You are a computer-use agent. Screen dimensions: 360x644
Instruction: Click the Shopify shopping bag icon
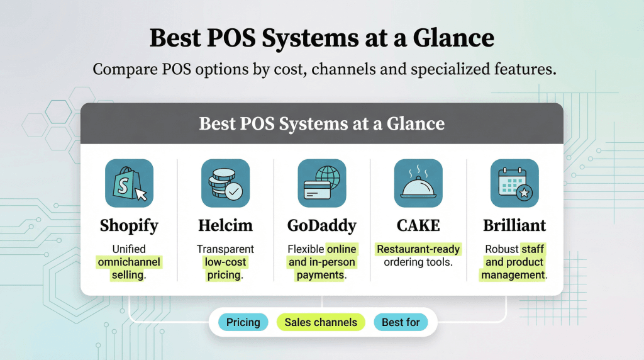point(129,183)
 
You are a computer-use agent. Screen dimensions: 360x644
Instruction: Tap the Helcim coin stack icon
point(225,183)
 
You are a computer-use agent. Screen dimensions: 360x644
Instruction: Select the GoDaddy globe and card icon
point(321,183)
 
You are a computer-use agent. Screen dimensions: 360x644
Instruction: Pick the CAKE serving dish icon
point(418,183)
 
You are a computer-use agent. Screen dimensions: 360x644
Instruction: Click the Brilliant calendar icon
point(514,183)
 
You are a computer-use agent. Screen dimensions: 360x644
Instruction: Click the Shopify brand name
point(129,225)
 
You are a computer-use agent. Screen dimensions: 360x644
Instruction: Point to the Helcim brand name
point(225,225)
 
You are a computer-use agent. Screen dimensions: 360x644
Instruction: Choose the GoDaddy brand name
point(321,225)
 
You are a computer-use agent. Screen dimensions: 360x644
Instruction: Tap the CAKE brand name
point(418,225)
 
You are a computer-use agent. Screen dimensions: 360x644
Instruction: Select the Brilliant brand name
point(514,225)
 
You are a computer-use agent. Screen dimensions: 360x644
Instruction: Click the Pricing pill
point(243,322)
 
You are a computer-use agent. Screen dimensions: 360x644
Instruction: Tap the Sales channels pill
point(321,322)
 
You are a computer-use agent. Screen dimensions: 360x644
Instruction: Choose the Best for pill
point(401,322)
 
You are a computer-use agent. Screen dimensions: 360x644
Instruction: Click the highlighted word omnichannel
point(129,262)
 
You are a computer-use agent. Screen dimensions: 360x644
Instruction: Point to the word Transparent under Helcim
point(225,249)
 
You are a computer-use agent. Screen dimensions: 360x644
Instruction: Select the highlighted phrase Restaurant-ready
point(418,249)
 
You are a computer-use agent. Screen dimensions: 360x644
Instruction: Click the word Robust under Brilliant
point(501,249)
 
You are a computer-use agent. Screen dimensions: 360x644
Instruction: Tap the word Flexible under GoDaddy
point(306,249)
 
